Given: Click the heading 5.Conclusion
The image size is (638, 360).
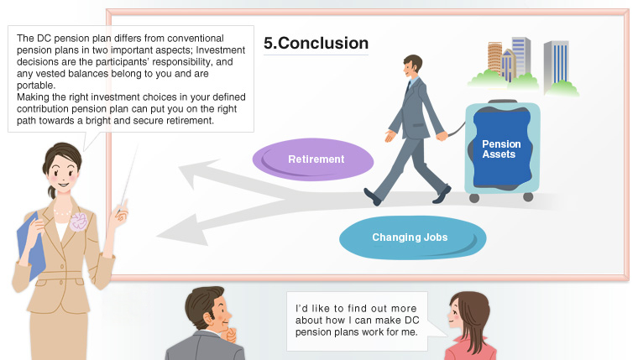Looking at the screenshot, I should [316, 43].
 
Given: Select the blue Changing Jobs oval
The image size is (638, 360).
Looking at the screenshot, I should [410, 237].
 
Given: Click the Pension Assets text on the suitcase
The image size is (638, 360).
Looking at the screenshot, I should [501, 149].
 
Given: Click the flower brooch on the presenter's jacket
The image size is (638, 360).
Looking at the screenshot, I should [78, 222].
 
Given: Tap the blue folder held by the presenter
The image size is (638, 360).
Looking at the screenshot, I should [31, 243].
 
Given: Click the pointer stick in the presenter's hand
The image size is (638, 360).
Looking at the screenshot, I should [128, 180].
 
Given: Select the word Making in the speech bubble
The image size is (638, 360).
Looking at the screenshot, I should [34, 97].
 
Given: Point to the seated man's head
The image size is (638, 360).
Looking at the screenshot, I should [206, 308].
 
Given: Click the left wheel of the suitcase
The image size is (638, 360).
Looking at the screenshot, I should [474, 198].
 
